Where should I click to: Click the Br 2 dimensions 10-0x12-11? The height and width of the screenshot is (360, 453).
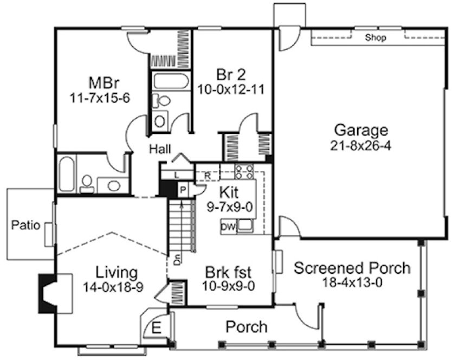point(232,89)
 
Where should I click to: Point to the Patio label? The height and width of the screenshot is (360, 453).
point(26,225)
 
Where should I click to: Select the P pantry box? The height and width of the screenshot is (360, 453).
point(183,190)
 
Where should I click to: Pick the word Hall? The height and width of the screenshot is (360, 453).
point(161,148)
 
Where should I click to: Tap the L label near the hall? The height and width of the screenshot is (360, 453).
point(177,175)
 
